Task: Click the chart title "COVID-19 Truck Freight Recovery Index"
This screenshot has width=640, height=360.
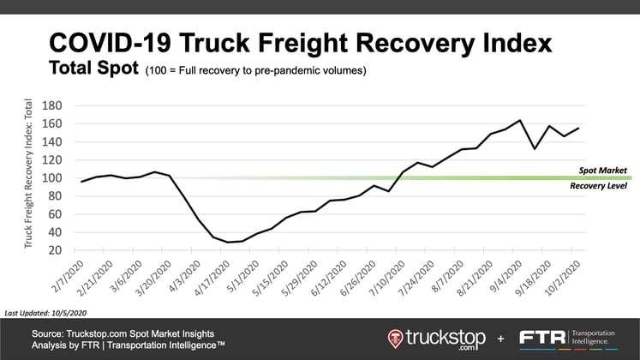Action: tap(300, 43)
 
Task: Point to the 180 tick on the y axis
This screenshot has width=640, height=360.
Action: tap(52, 105)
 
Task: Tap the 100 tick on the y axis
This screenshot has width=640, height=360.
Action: tap(52, 178)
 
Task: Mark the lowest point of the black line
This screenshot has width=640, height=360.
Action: tap(229, 243)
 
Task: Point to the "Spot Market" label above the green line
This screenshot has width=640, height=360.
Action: tap(603, 170)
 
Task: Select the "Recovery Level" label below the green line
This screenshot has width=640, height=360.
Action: tap(600, 185)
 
